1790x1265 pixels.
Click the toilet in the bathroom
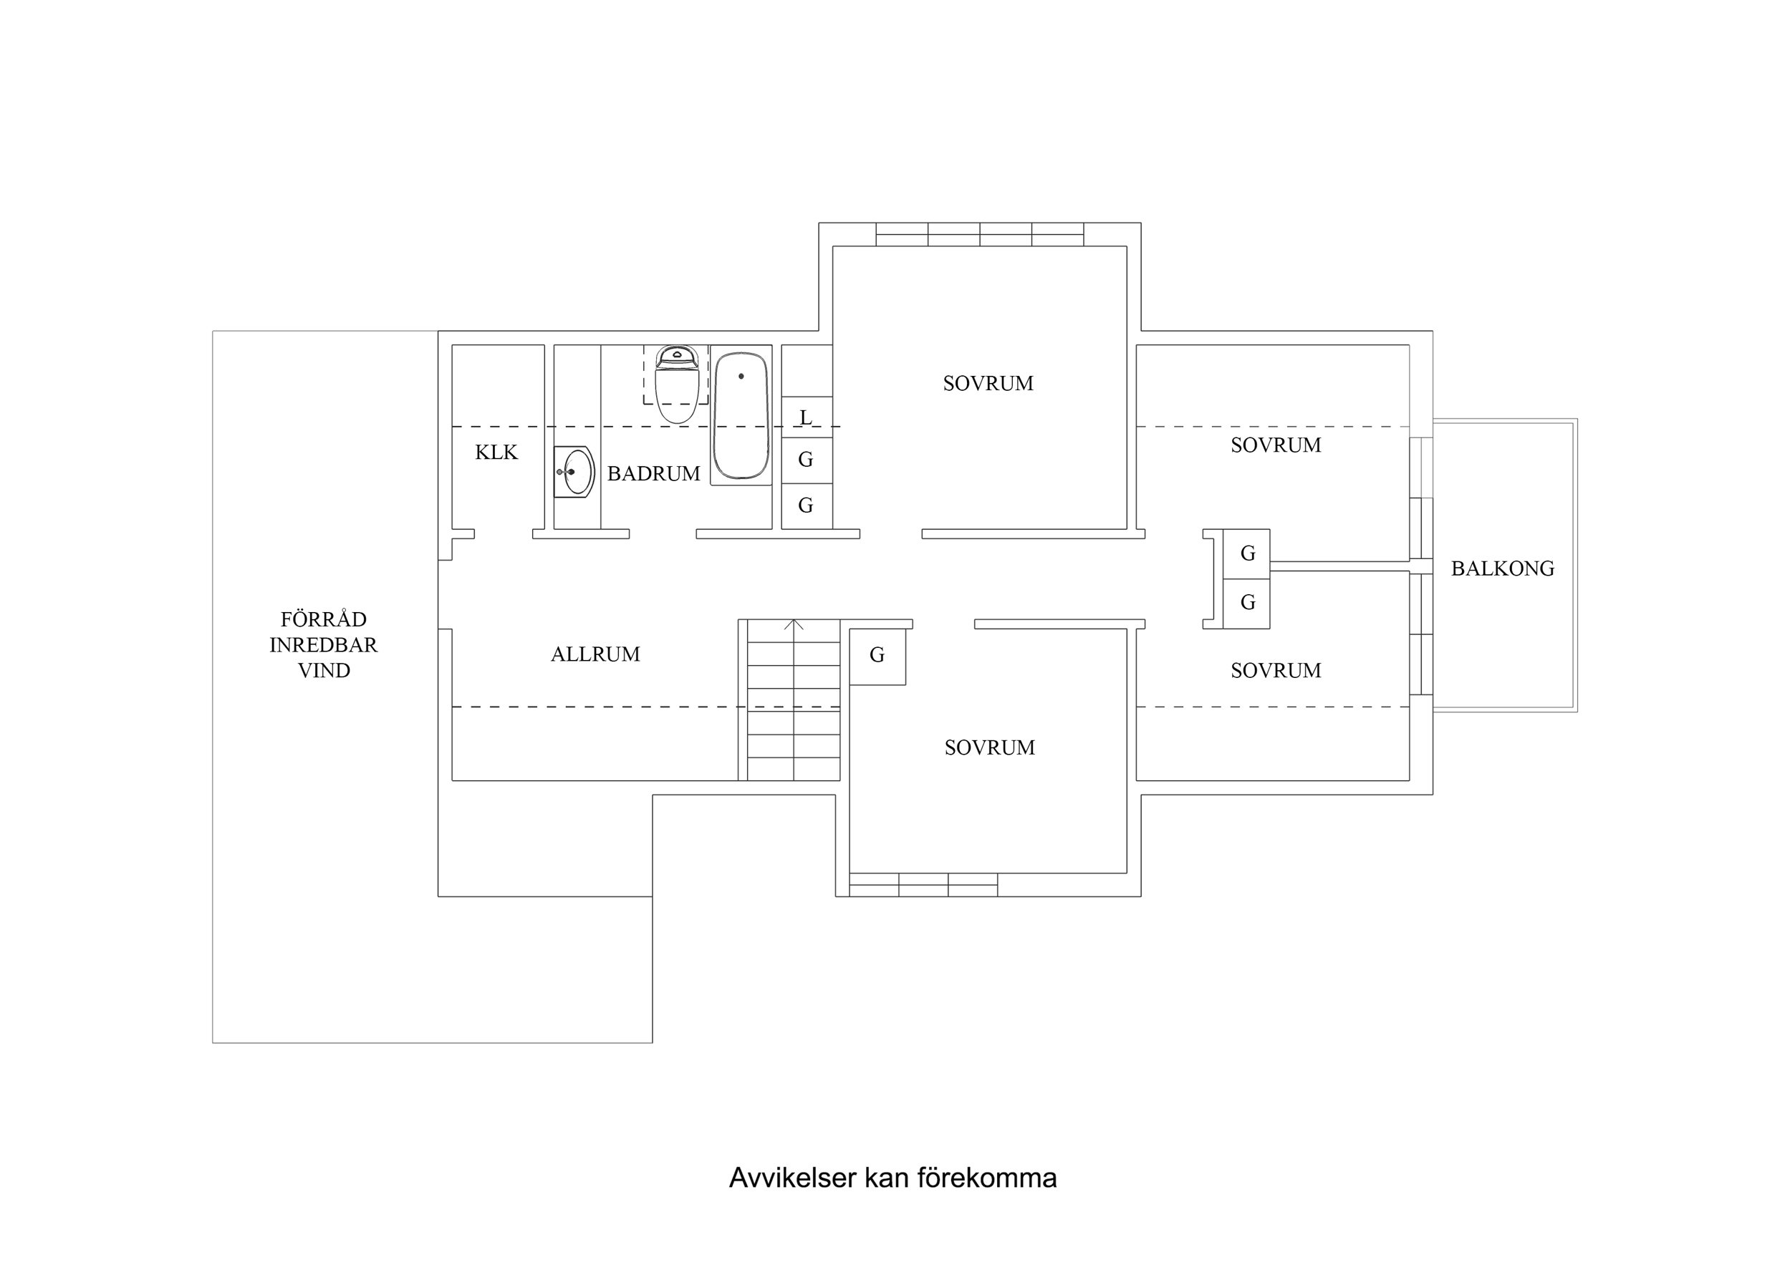click(676, 386)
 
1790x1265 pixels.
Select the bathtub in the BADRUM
click(741, 417)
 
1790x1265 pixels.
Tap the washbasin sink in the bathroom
click(576, 472)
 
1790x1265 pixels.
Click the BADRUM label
click(653, 474)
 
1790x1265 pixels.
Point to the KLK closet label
click(496, 452)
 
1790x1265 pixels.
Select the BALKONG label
click(1502, 569)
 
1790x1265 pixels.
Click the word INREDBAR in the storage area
click(324, 645)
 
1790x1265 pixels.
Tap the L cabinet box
click(806, 418)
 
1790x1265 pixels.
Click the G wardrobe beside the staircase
click(877, 656)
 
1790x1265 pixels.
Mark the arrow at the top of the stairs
click(794, 624)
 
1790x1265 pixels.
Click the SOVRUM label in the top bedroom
click(988, 384)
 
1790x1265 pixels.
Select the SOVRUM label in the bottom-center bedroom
click(989, 747)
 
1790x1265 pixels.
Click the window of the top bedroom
click(979, 235)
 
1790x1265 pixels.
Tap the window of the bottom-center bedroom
click(923, 885)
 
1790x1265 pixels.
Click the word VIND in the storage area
click(324, 671)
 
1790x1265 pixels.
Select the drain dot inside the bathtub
click(741, 377)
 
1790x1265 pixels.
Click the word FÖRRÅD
click(324, 620)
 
